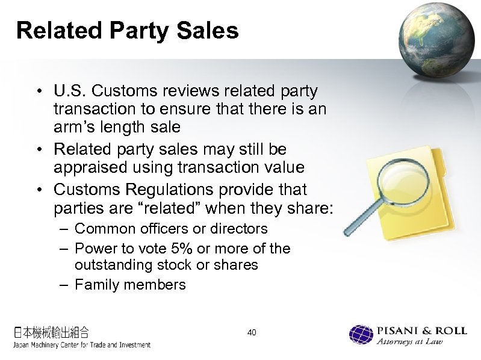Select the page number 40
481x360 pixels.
tap(252, 332)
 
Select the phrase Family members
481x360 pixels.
tap(130, 285)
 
